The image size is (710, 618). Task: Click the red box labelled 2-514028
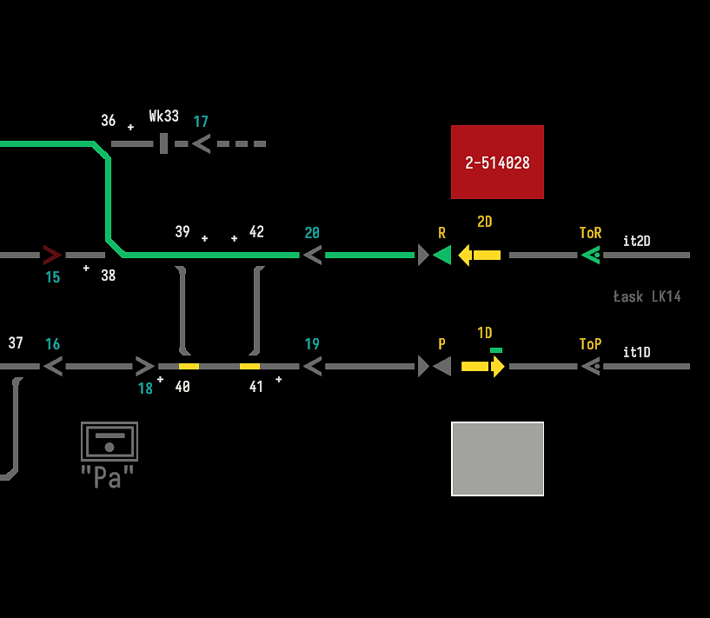(x=497, y=162)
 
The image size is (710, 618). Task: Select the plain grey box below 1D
(x=497, y=459)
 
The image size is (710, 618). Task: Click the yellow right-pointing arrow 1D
(x=483, y=366)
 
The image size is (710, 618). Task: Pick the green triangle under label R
(x=442, y=255)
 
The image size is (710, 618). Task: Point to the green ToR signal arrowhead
(x=591, y=255)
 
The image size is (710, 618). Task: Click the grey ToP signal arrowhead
(x=591, y=366)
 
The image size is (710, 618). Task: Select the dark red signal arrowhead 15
(x=52, y=255)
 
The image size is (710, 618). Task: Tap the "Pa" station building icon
(x=109, y=442)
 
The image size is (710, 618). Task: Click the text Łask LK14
(x=647, y=297)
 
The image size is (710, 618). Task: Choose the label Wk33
(x=163, y=116)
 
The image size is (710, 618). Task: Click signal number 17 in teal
(x=201, y=122)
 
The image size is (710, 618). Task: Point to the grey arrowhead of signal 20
(x=312, y=255)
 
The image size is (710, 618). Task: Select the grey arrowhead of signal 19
(x=312, y=366)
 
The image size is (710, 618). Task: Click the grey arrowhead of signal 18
(x=145, y=366)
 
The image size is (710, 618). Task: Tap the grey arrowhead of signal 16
(x=53, y=366)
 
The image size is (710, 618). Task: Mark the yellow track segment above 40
(x=189, y=366)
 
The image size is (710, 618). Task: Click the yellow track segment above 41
(x=249, y=366)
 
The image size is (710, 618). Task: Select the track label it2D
(x=636, y=241)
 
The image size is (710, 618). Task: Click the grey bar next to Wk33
(x=163, y=143)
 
